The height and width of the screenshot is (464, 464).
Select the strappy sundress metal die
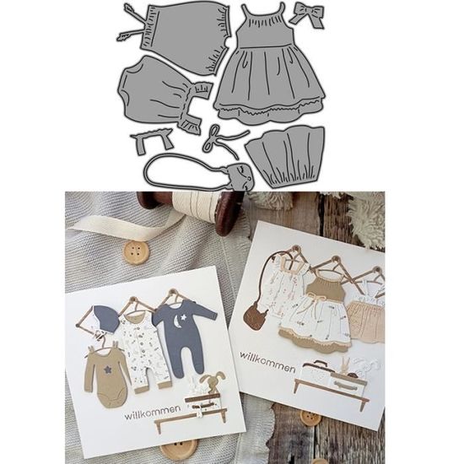pos(268,68)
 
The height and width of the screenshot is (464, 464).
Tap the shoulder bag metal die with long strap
pos(197,172)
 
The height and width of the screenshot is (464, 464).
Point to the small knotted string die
pos(223,139)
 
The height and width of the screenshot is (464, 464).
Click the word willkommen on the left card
pos(153,413)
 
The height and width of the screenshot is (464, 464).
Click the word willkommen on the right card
pos(267,362)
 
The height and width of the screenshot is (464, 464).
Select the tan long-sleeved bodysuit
pos(106,375)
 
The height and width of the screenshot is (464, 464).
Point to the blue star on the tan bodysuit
pos(106,370)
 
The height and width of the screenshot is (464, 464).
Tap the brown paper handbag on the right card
pos(255,318)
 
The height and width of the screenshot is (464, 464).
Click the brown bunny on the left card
pos(212,382)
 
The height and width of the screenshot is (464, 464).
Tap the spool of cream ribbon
pos(196,212)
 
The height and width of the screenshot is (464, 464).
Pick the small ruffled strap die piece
pos(153,141)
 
